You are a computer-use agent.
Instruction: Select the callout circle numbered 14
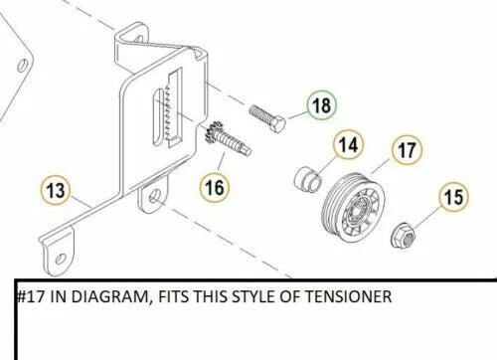tap(347, 147)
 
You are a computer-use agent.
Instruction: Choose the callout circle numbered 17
tap(405, 151)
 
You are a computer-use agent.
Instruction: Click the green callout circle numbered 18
tap(320, 103)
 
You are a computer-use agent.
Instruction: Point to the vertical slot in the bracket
tap(156, 117)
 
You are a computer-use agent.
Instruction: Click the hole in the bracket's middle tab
tap(155, 199)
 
